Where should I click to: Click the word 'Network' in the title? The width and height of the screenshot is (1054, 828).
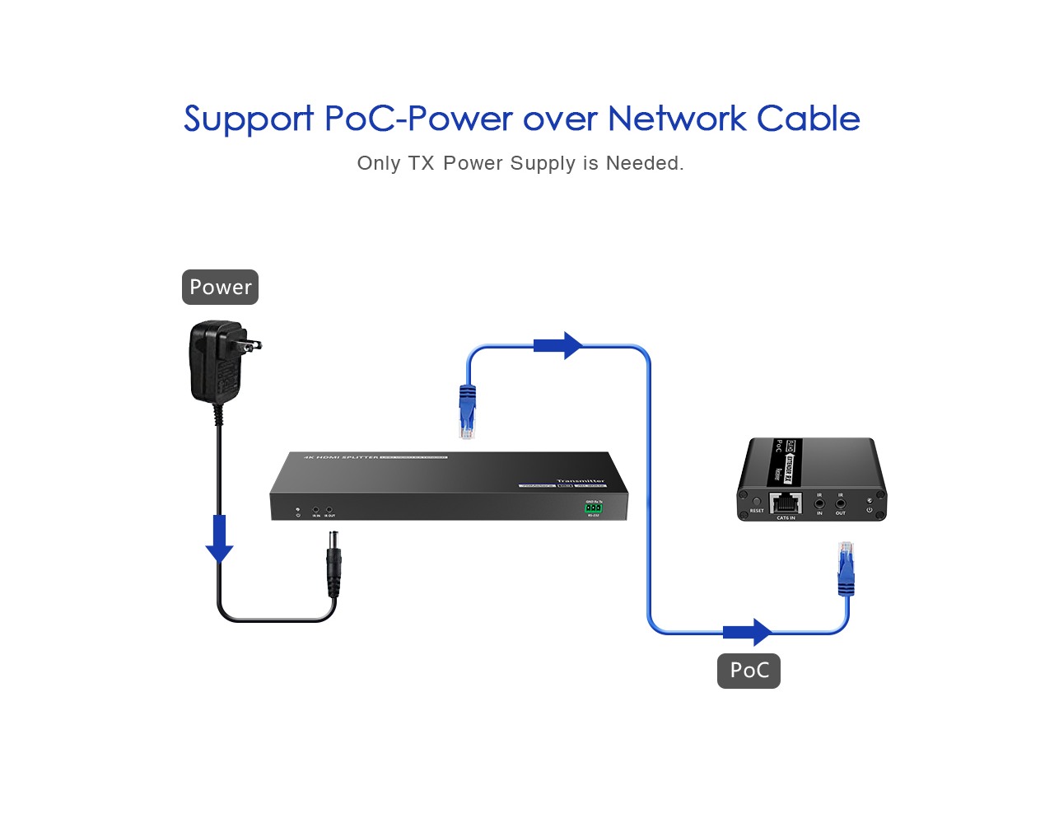[676, 119]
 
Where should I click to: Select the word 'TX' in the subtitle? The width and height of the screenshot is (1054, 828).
[421, 163]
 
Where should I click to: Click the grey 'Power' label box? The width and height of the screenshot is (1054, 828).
[220, 287]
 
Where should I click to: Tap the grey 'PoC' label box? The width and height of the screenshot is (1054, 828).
[749, 670]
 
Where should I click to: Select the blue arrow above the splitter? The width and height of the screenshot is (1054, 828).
[558, 345]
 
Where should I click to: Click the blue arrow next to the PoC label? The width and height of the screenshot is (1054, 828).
[748, 632]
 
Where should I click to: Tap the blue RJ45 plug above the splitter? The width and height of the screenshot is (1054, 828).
[468, 411]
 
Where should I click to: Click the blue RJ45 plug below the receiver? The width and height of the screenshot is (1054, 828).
[846, 568]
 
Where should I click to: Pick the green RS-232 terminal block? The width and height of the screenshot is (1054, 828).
[594, 508]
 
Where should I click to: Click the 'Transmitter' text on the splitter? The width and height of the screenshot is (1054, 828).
[580, 480]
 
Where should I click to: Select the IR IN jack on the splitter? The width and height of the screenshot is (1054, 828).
[315, 511]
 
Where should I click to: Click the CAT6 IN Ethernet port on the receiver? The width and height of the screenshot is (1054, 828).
[785, 503]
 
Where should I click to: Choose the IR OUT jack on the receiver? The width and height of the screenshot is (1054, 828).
[840, 503]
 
